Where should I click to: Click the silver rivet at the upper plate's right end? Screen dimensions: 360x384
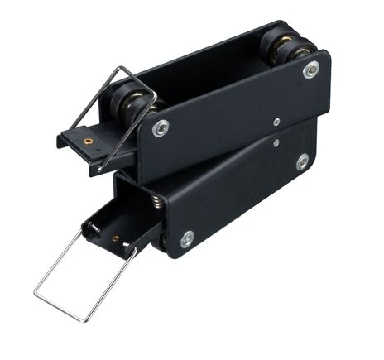coord(310,70)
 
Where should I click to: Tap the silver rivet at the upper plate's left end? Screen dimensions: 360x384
coord(161,128)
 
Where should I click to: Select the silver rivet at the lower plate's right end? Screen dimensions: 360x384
coord(302,161)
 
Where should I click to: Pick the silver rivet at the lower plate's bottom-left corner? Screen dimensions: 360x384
coord(187,239)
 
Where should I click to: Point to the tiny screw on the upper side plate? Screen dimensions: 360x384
coord(276,122)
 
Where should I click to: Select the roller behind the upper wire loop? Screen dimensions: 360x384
coord(131,103)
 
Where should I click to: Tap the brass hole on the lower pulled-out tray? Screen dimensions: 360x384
coord(115,238)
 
